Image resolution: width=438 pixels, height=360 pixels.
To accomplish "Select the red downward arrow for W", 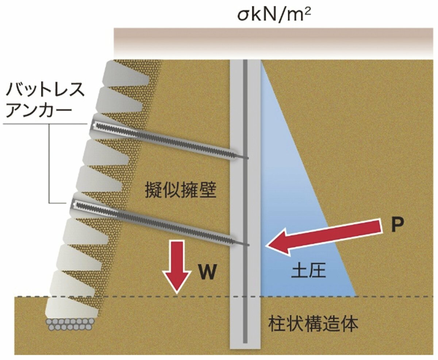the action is click(177, 267).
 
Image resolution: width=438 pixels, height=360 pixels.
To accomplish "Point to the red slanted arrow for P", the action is click(324, 237).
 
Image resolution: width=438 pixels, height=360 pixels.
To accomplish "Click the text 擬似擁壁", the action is click(180, 190).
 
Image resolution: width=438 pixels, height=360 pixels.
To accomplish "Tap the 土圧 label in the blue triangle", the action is click(308, 271).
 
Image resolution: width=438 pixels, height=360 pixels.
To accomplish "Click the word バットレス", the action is click(45, 89).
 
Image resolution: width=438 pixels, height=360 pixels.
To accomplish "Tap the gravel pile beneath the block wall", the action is click(70, 325).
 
